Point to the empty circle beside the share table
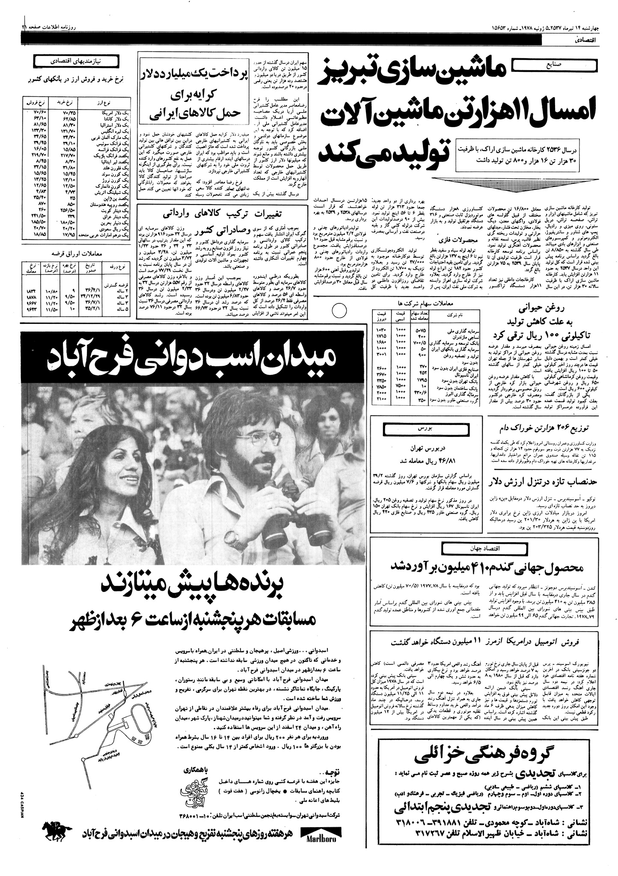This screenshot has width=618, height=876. point(339,310)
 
